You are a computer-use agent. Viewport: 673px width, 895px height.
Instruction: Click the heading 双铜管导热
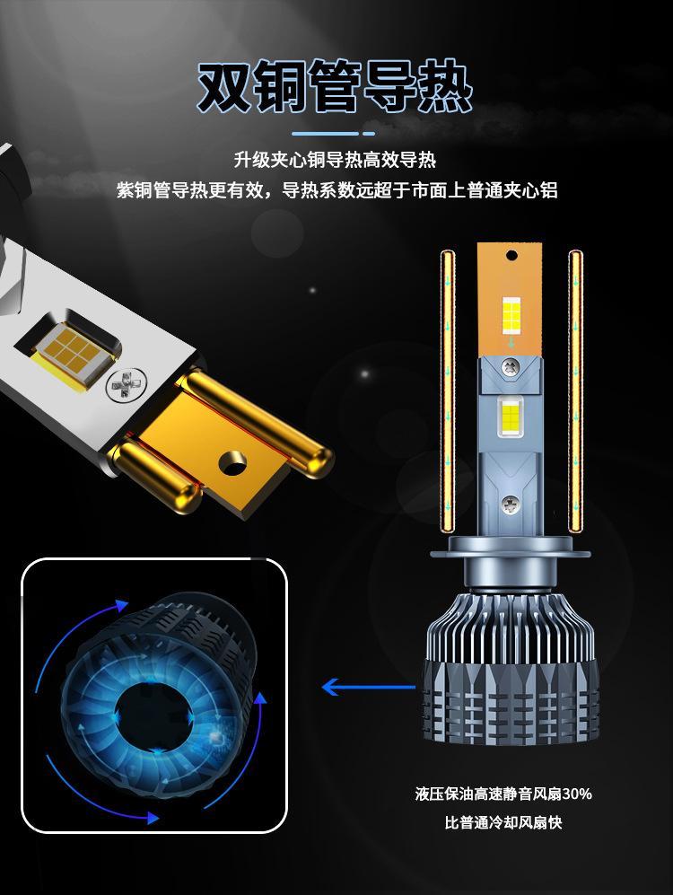pyautogui.click(x=336, y=86)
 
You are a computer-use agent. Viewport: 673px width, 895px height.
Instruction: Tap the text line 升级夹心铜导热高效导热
pyautogui.click(x=336, y=160)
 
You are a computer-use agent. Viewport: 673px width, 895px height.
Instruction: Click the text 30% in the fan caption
pyautogui.click(x=577, y=794)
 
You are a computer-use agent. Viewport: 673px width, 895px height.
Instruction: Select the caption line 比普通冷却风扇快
pyautogui.click(x=503, y=822)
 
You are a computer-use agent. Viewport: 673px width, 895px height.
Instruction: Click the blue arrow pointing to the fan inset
pyautogui.click(x=369, y=686)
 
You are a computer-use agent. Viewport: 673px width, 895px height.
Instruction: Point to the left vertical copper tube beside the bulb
pyautogui.click(x=449, y=391)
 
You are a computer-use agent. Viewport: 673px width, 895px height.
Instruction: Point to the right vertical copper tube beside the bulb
pyautogui.click(x=575, y=391)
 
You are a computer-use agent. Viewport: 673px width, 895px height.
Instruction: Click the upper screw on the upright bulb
pyautogui.click(x=510, y=366)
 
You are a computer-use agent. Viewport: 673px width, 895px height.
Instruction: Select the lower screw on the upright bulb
pyautogui.click(x=510, y=504)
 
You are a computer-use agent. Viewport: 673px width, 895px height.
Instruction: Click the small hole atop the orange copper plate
pyautogui.click(x=511, y=255)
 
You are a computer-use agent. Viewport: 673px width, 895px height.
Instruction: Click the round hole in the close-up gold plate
pyautogui.click(x=233, y=461)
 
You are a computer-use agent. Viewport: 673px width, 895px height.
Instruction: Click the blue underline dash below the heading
pyautogui.click(x=334, y=134)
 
